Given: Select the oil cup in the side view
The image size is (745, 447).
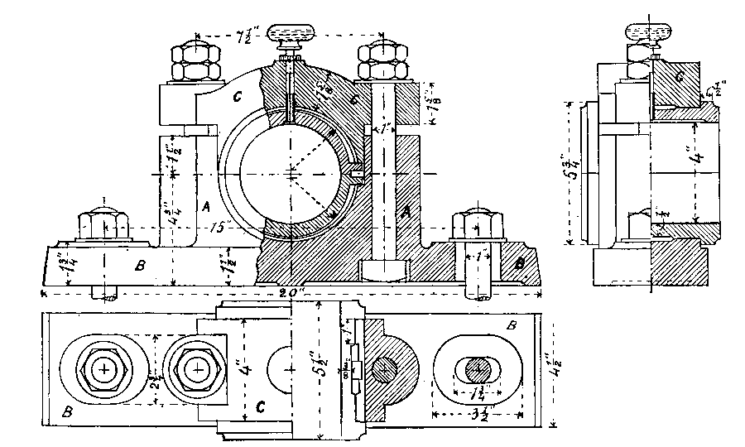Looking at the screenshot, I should tap(650, 34).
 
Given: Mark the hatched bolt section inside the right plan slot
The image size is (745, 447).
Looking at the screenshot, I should tap(476, 368).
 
